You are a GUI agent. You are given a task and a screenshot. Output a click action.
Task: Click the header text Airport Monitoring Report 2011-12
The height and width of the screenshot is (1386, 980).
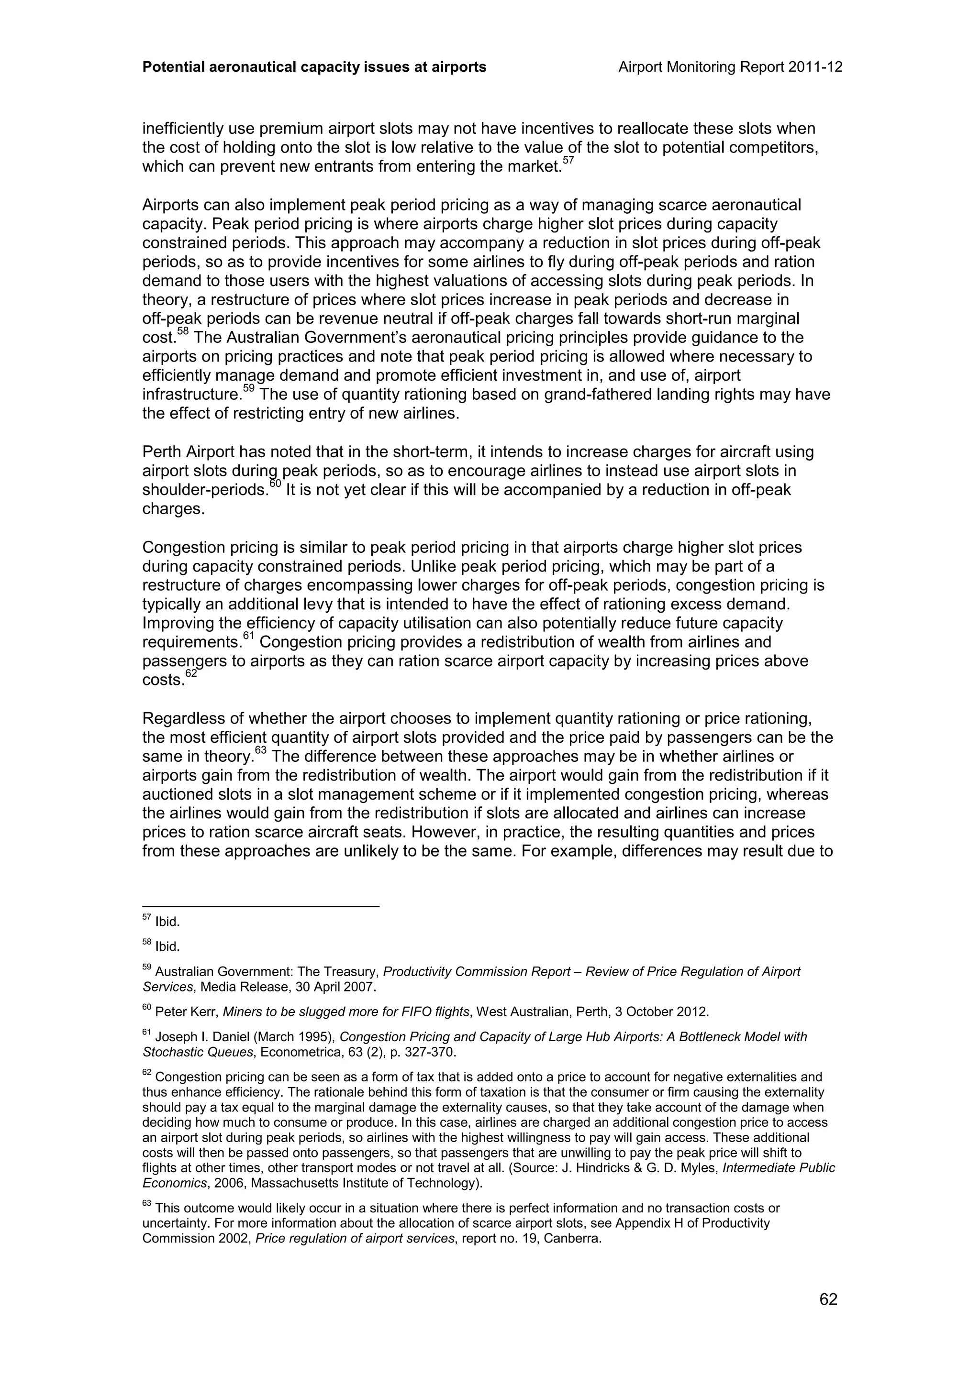(x=730, y=67)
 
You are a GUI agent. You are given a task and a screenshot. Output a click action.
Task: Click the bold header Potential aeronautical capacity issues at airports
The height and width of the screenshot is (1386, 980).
(x=314, y=67)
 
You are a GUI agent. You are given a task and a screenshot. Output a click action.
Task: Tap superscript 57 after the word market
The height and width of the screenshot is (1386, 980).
(x=568, y=160)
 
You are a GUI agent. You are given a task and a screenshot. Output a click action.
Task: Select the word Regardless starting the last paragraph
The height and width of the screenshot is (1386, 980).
(x=180, y=719)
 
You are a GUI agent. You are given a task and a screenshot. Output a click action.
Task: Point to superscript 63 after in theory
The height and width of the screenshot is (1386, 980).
(x=260, y=750)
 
